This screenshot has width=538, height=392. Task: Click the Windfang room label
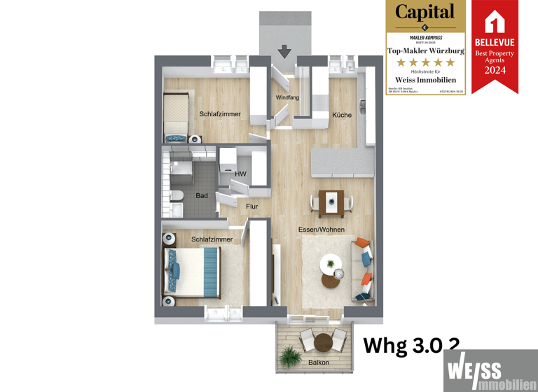(287, 97)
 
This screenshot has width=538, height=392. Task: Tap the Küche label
(341, 115)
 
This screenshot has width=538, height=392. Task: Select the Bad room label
(202, 195)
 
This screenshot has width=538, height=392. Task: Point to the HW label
(240, 174)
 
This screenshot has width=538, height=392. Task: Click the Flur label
(251, 206)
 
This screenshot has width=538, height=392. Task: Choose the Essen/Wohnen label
(321, 229)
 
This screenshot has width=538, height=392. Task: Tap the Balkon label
(319, 362)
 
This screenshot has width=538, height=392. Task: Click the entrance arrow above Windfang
(284, 51)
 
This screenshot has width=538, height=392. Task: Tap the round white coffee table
(330, 265)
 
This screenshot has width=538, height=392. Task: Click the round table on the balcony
(322, 342)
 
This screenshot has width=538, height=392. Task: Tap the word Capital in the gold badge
(425, 12)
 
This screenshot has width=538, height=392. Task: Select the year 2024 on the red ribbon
(495, 70)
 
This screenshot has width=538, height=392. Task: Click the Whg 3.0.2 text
(411, 344)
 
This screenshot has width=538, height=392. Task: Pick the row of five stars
(425, 62)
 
